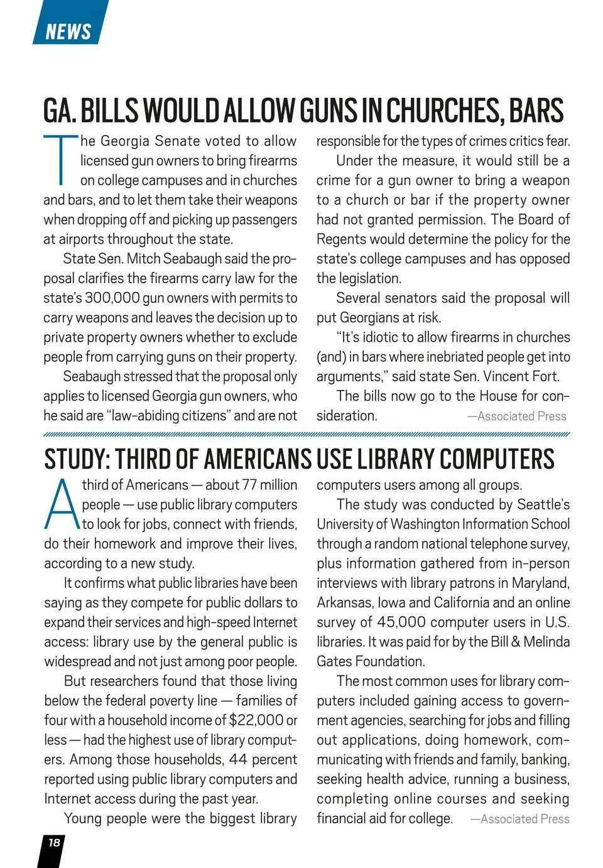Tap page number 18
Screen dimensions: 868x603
click(x=54, y=842)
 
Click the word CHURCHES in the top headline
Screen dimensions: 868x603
click(x=443, y=111)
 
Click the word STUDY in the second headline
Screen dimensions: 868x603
click(x=75, y=460)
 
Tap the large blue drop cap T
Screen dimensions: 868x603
click(x=60, y=160)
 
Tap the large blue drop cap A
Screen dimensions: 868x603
click(x=62, y=505)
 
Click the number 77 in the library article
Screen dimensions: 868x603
click(x=249, y=485)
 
